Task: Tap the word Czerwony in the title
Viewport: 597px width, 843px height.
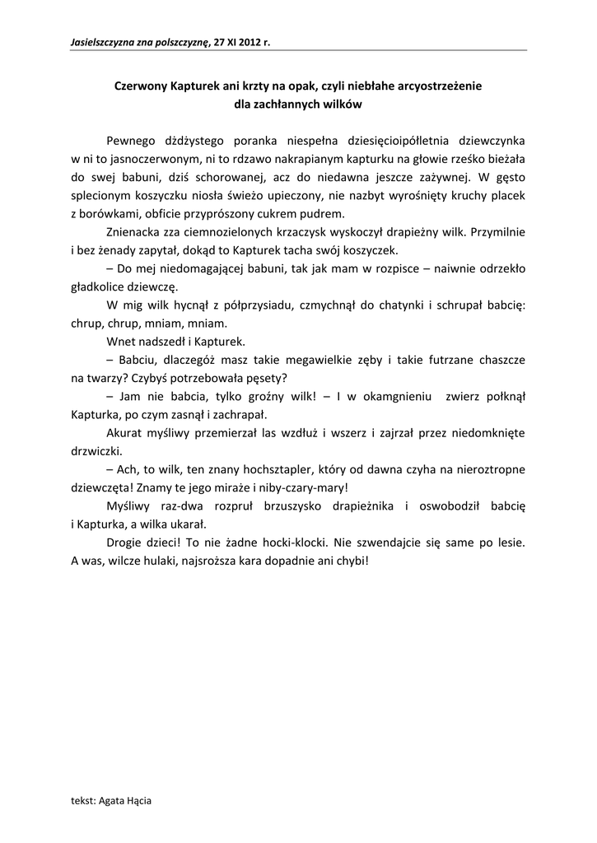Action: point(141,85)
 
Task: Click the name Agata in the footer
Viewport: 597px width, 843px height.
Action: point(113,799)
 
